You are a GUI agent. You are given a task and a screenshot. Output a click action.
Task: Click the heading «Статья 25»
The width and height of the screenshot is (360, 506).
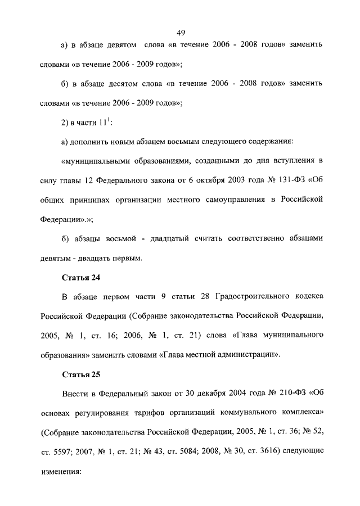tap(80, 375)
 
